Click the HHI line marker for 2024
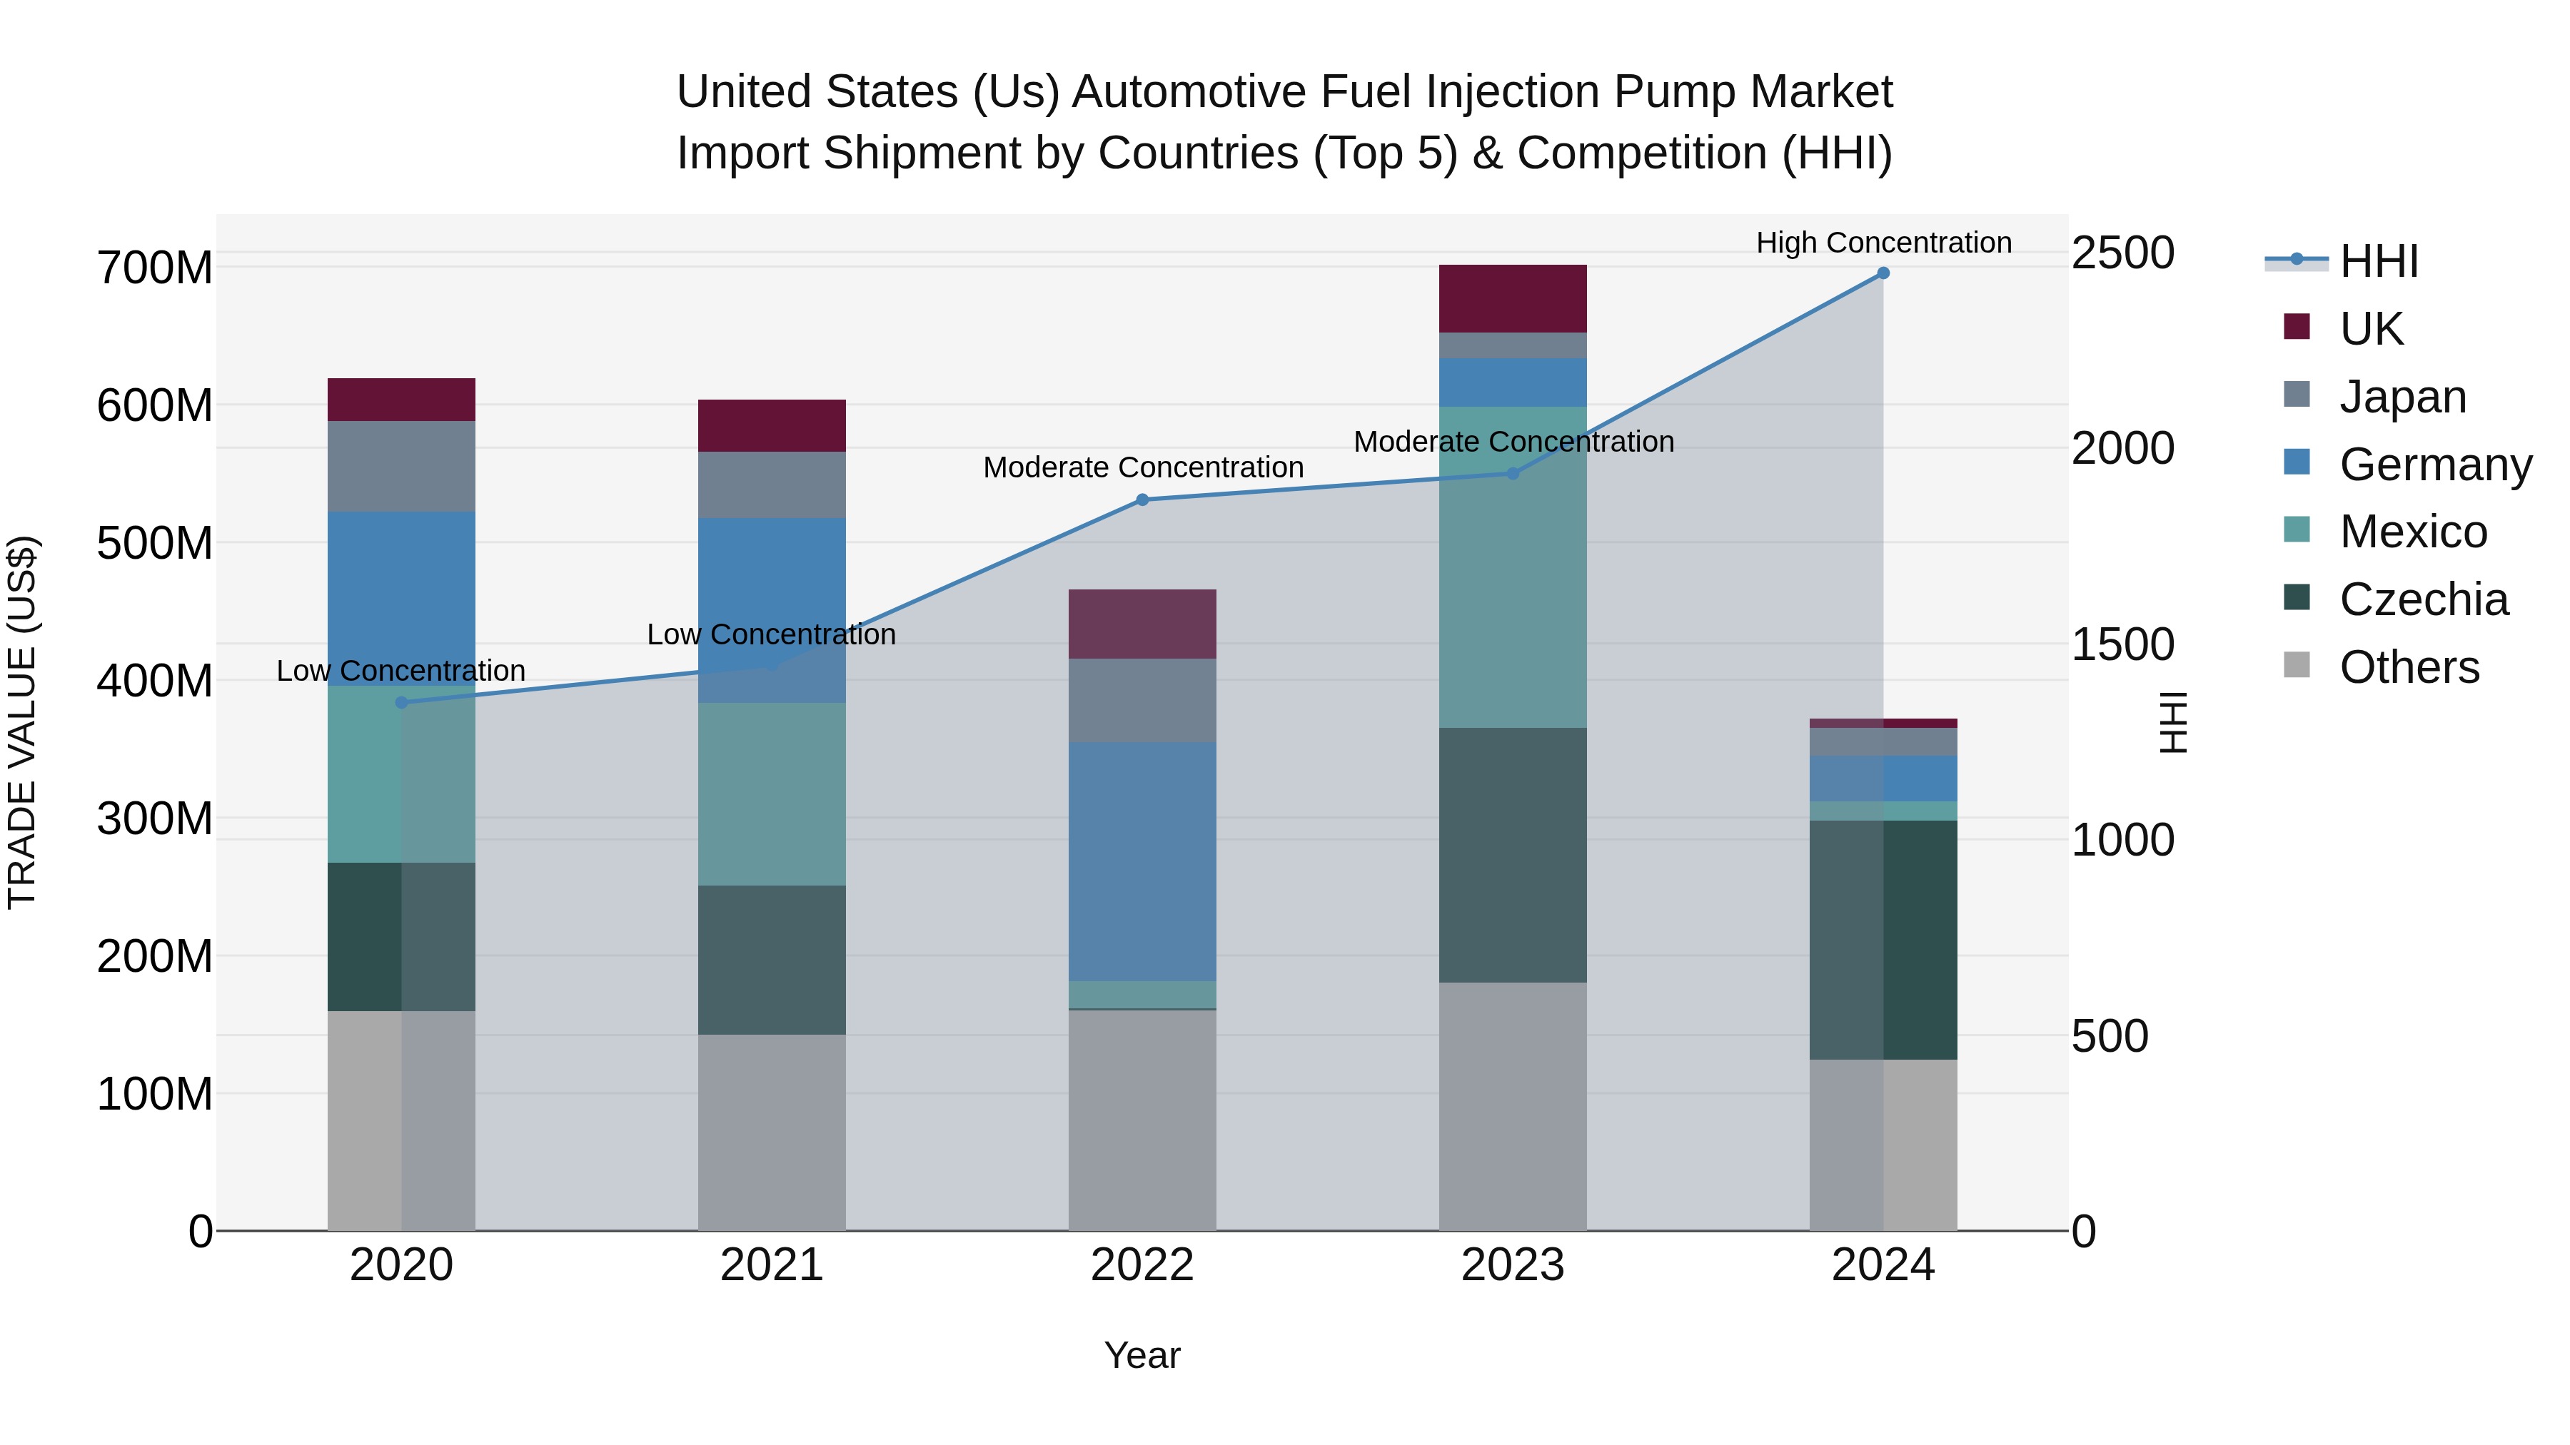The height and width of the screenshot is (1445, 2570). tap(1883, 273)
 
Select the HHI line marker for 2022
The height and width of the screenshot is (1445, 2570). tap(1142, 500)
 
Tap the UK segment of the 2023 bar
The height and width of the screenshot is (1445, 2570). tap(1513, 298)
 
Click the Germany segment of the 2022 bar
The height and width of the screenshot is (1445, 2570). tap(1142, 861)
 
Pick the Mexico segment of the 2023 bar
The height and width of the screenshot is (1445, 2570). tap(1513, 567)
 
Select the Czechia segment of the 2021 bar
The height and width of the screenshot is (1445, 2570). tap(771, 959)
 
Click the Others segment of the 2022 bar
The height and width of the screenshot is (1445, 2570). tap(1142, 1120)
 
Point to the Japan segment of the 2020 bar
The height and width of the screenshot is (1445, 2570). tap(401, 466)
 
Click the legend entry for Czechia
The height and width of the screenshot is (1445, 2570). tap(2422, 600)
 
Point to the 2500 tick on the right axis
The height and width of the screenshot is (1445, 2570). tap(2123, 253)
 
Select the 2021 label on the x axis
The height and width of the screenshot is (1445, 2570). tap(771, 1265)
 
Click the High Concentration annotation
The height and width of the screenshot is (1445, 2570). tap(1883, 243)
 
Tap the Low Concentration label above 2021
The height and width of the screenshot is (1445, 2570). tap(771, 634)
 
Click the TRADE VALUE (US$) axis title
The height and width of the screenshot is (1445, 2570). tap(22, 722)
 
